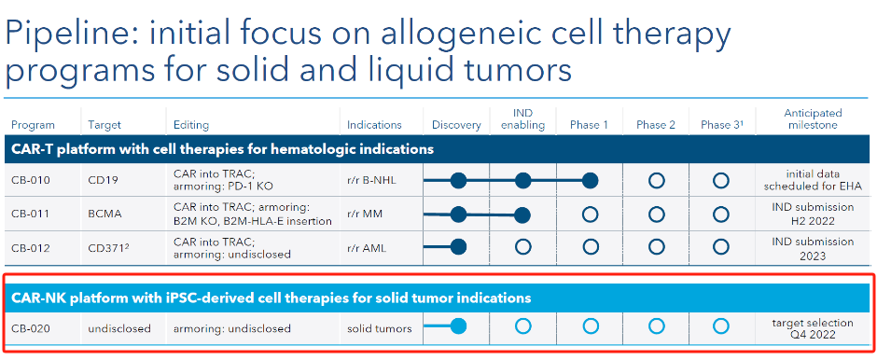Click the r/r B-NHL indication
pyautogui.click(x=372, y=181)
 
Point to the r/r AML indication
pyautogui.click(x=368, y=247)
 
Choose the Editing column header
pyautogui.click(x=191, y=125)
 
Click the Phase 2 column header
pyautogui.click(x=656, y=125)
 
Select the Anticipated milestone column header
pyautogui.click(x=813, y=119)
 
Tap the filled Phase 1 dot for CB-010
pyautogui.click(x=590, y=181)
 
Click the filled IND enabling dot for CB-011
pyautogui.click(x=522, y=215)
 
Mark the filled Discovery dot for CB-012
pyautogui.click(x=458, y=247)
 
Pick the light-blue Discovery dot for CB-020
pyautogui.click(x=458, y=326)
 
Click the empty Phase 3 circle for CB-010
pyautogui.click(x=721, y=181)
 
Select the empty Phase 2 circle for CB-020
pyautogui.click(x=656, y=326)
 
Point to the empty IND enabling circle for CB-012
pyautogui.click(x=522, y=247)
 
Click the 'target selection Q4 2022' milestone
pyautogui.click(x=813, y=328)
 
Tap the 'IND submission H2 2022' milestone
pyautogui.click(x=813, y=215)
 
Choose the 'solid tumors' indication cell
pyautogui.click(x=379, y=328)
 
